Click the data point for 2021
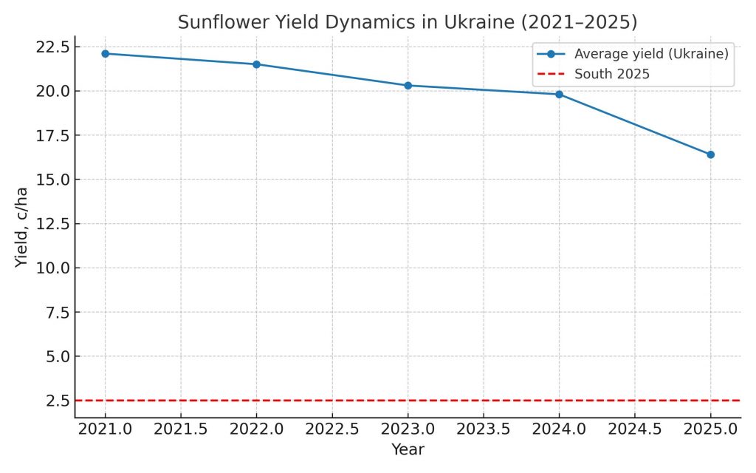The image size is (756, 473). [105, 53]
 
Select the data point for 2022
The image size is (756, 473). [256, 64]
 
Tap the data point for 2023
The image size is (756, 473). [408, 86]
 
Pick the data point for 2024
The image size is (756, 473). [560, 95]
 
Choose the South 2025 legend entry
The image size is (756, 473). [612, 74]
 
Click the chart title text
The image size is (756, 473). [408, 22]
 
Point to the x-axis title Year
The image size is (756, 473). [408, 449]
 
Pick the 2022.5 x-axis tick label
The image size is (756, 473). [332, 429]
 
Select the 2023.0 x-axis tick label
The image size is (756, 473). [408, 429]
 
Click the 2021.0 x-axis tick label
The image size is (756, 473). [105, 429]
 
